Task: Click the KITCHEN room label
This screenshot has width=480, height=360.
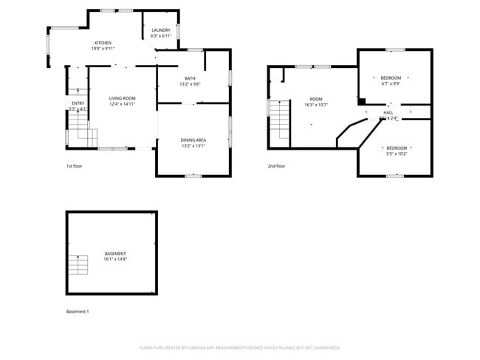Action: pos(103,44)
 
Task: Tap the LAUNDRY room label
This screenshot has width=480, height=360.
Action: pos(161,30)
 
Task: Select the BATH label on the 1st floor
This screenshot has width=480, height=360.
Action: pos(190,78)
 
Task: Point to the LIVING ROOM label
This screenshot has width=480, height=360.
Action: pos(123,98)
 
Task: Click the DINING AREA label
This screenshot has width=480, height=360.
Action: pos(193,140)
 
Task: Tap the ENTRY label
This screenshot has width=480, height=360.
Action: pos(78,103)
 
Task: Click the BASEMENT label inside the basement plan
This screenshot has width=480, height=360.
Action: pos(115,254)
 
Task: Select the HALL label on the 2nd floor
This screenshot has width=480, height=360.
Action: pos(388,112)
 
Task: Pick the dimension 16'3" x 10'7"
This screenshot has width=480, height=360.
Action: pos(316,105)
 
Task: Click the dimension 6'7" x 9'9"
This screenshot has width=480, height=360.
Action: pos(391,84)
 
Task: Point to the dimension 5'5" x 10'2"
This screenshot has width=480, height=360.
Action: pos(397,153)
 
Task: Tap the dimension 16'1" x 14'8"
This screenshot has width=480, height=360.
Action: pos(115,260)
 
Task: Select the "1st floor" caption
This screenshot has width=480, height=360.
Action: pos(75,166)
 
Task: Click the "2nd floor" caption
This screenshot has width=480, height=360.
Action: pos(276,166)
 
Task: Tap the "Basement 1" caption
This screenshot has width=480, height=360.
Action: pos(78,311)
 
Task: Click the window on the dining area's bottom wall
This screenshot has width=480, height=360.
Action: pos(193,176)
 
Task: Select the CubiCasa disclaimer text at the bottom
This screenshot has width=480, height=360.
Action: pos(240,347)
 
